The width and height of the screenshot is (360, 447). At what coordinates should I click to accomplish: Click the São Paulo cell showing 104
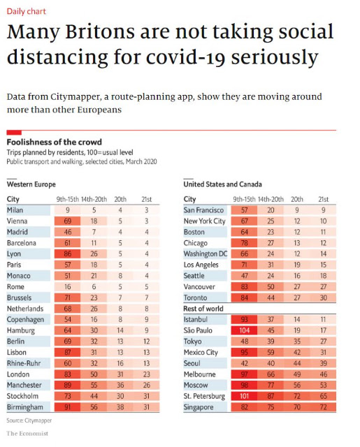click(x=244, y=330)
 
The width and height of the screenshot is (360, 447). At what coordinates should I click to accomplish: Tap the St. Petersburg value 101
click(x=244, y=396)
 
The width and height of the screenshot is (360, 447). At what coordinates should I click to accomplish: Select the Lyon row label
click(x=14, y=254)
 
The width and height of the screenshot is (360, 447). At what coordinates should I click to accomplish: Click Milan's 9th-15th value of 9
click(x=68, y=210)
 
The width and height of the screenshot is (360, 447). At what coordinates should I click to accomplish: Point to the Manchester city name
click(x=24, y=385)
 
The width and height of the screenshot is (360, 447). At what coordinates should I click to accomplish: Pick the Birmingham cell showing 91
click(x=68, y=407)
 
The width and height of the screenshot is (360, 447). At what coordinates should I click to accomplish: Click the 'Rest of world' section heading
click(x=203, y=309)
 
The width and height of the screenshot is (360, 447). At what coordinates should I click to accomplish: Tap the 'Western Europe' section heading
click(x=31, y=184)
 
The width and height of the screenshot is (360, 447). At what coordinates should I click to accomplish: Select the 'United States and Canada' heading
click(x=222, y=184)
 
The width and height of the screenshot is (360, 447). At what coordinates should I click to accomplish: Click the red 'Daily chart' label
click(x=27, y=11)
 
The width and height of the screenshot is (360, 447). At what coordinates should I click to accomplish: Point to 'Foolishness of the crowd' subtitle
click(x=55, y=142)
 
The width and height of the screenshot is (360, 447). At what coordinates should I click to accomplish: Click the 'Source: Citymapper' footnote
click(x=29, y=420)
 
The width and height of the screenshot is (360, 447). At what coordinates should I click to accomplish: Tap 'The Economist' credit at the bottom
click(x=27, y=434)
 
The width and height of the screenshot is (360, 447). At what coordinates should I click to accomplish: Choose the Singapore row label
click(x=199, y=407)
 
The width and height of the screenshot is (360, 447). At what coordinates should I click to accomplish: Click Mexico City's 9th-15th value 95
click(x=244, y=352)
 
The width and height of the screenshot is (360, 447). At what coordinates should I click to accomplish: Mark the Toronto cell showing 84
click(x=244, y=298)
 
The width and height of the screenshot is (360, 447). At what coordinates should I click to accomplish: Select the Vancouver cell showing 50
click(x=271, y=287)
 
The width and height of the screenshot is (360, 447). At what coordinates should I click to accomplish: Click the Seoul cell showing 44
click(x=297, y=363)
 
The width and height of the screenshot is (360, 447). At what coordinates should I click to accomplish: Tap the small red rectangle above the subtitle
click(x=14, y=132)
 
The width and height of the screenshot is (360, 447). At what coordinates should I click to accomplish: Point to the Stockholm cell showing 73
click(x=68, y=396)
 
